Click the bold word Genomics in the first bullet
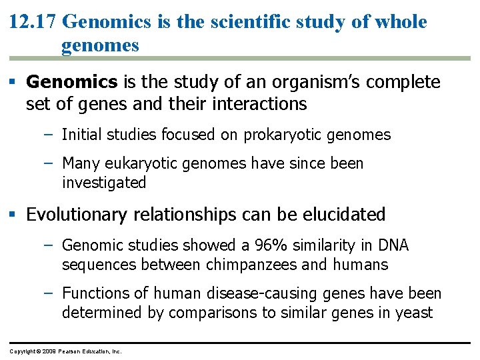tap(72, 82)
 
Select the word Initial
tap(81, 135)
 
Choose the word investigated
tap(103, 182)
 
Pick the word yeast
tap(415, 312)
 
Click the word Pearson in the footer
tap(69, 350)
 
